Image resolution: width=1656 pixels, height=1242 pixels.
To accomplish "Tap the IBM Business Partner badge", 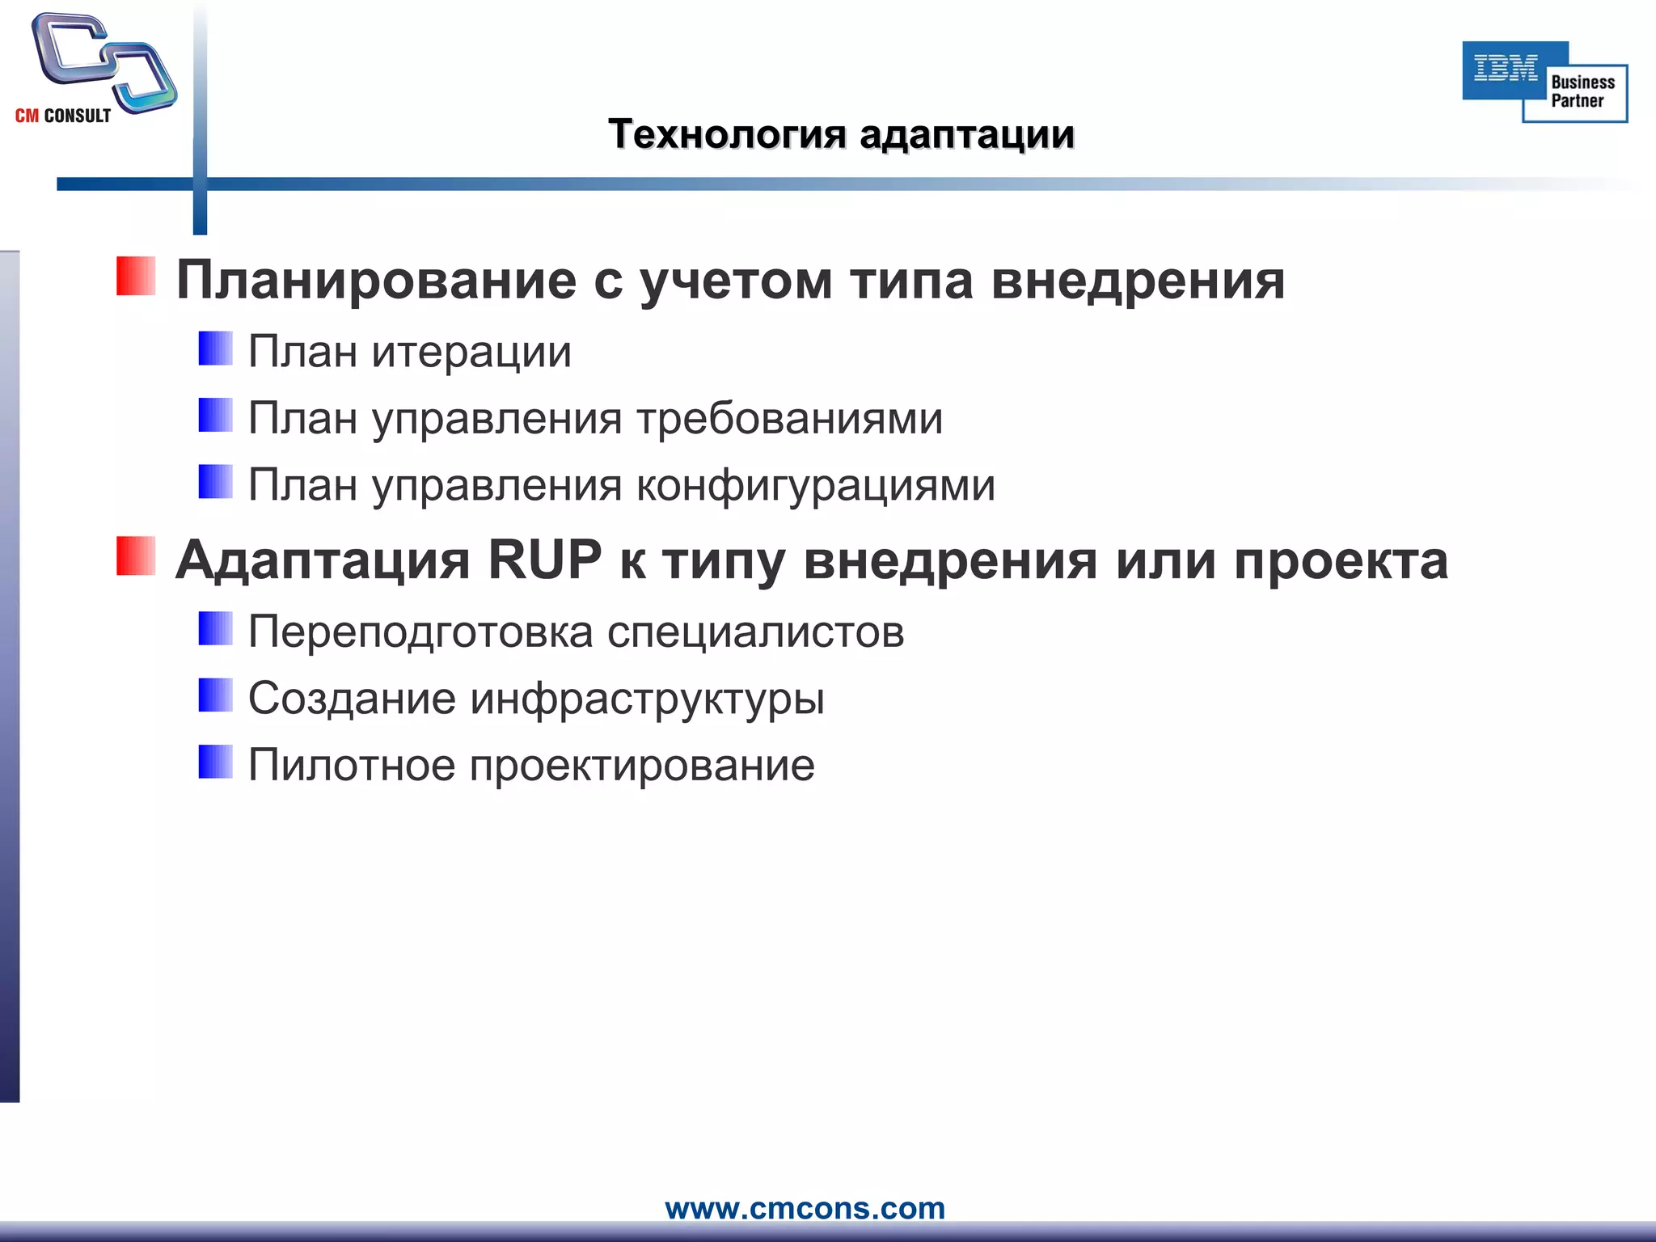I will point(1544,82).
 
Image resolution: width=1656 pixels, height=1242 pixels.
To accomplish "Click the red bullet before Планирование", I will point(135,277).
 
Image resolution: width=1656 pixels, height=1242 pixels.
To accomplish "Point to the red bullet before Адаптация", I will point(135,556).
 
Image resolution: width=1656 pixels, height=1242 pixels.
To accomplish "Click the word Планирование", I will point(376,281).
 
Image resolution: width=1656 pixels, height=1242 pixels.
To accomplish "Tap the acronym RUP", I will point(545,560).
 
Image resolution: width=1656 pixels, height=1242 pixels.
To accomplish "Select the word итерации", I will point(471,353).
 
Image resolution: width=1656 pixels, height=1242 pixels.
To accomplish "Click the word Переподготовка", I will point(420,632).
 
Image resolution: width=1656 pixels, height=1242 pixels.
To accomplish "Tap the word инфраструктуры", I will point(647,699).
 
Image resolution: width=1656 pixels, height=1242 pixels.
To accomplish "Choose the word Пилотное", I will point(352,765).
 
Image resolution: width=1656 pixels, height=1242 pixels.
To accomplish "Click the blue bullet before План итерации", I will point(215,349).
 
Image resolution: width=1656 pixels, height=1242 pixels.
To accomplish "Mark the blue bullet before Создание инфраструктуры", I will point(215,695).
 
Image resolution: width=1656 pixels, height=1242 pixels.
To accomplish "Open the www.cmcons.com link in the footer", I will point(805,1208).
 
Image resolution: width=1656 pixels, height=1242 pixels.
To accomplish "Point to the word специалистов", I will point(755,632).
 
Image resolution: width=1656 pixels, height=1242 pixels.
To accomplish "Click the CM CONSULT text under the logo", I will point(63,116).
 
